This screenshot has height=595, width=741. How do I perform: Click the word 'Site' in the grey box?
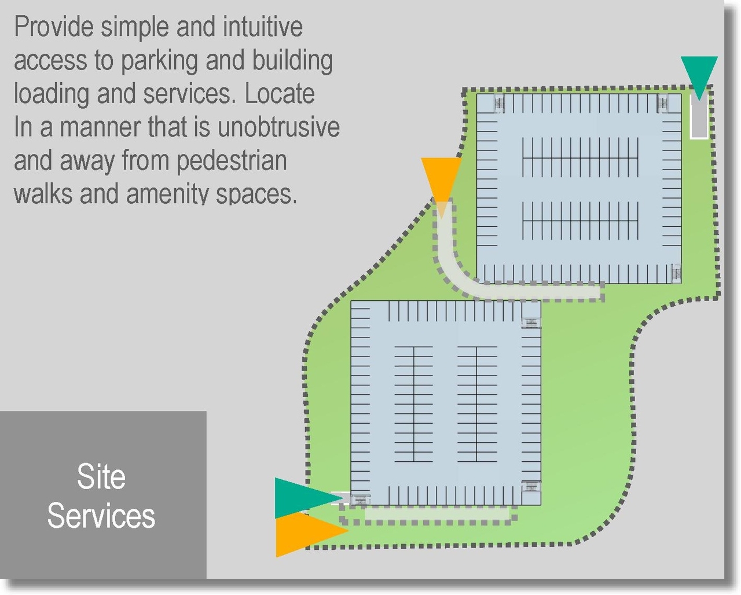tap(101, 477)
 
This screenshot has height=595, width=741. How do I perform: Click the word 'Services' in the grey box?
tap(101, 516)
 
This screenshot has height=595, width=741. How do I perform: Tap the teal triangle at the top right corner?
tap(699, 76)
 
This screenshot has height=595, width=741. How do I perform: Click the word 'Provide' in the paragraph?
tap(54, 27)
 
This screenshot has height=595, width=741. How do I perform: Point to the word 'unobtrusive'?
tap(278, 127)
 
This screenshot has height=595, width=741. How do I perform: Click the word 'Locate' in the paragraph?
tap(280, 94)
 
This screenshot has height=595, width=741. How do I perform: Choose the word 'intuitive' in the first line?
tap(263, 27)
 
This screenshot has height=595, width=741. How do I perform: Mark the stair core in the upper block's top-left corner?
tap(499, 102)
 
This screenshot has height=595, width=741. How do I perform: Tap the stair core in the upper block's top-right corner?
tap(663, 102)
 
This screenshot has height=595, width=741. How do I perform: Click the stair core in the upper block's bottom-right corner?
tap(676, 273)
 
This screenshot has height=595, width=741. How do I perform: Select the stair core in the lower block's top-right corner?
tap(531, 322)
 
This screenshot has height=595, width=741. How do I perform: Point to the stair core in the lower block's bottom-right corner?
tap(531, 486)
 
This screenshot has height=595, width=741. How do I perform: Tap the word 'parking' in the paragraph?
tap(159, 61)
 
